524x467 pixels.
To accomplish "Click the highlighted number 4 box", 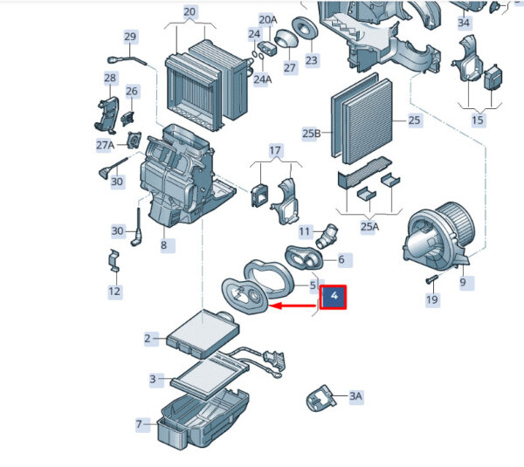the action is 334,297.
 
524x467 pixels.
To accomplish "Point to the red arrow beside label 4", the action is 293,306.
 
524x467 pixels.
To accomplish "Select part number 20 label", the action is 190,11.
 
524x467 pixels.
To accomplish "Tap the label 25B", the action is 311,134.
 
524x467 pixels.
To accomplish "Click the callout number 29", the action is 130,37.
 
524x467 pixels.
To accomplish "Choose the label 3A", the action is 355,396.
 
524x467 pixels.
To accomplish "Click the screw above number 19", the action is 431,279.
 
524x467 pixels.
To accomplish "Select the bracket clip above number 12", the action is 114,260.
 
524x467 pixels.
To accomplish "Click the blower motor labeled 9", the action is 437,236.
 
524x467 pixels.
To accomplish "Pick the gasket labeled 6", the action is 304,258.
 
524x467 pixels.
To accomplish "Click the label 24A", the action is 262,79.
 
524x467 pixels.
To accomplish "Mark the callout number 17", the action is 275,151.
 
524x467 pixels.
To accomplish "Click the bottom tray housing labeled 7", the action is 203,419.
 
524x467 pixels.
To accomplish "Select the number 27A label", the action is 106,145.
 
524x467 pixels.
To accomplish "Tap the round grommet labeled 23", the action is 305,27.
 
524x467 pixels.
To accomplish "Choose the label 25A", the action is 369,227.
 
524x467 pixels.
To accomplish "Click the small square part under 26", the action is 128,119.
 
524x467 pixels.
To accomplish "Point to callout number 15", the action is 478,120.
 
